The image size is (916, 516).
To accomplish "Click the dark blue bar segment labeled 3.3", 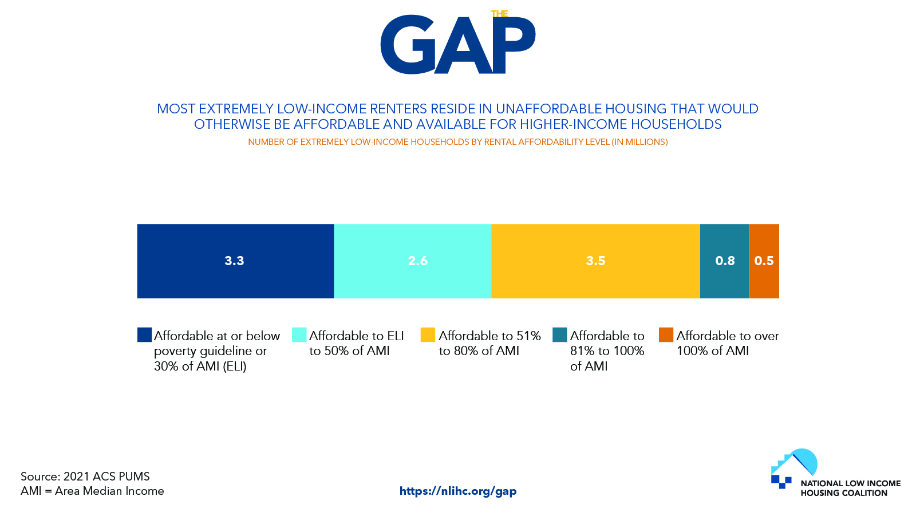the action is click(x=235, y=261).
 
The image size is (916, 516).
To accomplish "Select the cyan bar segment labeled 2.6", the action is click(x=413, y=261).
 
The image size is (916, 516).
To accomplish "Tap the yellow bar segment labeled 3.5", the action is click(x=595, y=261).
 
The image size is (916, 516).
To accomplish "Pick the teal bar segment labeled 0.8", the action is click(x=725, y=261).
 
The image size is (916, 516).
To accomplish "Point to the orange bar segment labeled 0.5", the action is click(x=764, y=261).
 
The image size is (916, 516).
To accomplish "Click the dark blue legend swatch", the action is click(x=144, y=334).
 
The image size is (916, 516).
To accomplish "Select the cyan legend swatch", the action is click(x=299, y=334).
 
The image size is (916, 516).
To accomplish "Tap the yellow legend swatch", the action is click(x=428, y=334).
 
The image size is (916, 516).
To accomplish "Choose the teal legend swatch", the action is click(x=559, y=334).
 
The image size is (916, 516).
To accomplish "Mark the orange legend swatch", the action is click(x=666, y=334).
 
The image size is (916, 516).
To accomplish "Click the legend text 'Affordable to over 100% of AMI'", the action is click(x=728, y=343).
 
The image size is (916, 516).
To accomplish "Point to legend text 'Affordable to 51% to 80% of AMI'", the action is click(x=489, y=343).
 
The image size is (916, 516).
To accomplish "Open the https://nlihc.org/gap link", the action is click(x=458, y=491).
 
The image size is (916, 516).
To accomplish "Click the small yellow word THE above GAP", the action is click(x=499, y=14).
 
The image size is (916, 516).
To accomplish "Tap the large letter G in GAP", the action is click(x=408, y=45).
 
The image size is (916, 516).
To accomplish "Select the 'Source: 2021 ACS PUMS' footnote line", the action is click(x=85, y=476).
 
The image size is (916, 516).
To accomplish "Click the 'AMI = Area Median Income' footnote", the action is click(x=92, y=491).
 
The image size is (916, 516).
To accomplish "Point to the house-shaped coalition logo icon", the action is click(x=793, y=468).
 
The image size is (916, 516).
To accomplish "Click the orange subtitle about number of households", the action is click(x=458, y=142).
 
